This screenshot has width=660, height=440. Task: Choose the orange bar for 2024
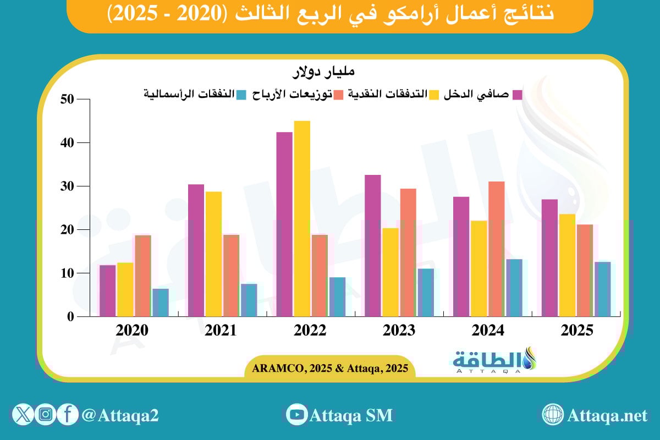pyautogui.click(x=496, y=249)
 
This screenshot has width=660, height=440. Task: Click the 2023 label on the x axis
pyautogui.click(x=399, y=331)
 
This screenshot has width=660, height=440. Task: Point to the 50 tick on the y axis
pyautogui.click(x=67, y=100)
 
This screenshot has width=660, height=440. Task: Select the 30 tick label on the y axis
pyautogui.click(x=67, y=186)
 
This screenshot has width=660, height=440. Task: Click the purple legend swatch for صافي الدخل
pyautogui.click(x=518, y=95)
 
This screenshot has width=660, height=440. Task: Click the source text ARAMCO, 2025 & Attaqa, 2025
pyautogui.click(x=330, y=369)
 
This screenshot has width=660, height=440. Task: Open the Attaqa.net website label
pyautogui.click(x=607, y=415)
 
